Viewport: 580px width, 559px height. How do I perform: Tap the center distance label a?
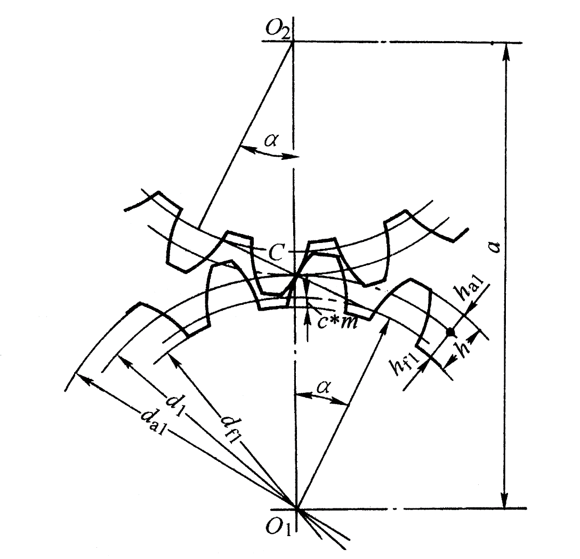[494, 246]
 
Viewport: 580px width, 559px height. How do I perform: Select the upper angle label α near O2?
[271, 141]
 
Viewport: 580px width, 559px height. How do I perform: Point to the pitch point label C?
[276, 253]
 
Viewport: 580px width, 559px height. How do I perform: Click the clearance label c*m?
[338, 322]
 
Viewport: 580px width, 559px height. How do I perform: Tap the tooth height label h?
[465, 347]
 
